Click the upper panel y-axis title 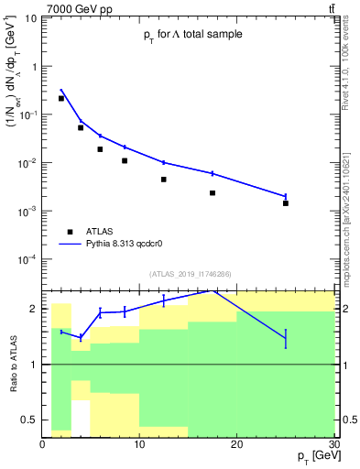[x=16, y=82]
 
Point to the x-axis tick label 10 [x=139, y=444]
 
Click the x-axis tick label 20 [x=236, y=444]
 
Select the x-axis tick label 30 [x=333, y=444]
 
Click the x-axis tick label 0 [x=43, y=444]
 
